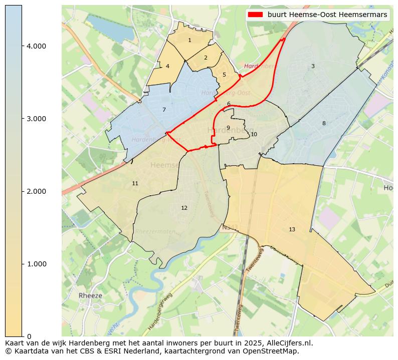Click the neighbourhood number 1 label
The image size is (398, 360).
click(189, 41)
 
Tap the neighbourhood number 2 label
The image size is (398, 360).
click(206, 58)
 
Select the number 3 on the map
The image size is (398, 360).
click(313, 67)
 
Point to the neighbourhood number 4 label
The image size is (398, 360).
click(167, 67)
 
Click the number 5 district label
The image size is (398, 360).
click(224, 75)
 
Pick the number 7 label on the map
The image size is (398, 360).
click(164, 110)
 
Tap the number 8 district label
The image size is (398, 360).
click(324, 124)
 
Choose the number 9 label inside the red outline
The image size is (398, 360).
click(228, 128)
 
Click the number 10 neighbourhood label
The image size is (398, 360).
click(254, 135)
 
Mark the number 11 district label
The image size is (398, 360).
click(135, 184)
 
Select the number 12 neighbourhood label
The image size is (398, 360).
click(184, 208)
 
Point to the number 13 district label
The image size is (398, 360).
click(292, 230)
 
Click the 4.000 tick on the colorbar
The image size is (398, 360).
click(36, 46)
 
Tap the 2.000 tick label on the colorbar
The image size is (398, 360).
click(36, 191)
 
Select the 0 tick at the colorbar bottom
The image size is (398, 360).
click(29, 336)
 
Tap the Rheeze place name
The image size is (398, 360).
click(90, 296)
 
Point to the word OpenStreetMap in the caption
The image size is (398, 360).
click(275, 351)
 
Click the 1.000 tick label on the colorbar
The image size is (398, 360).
click(36, 264)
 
